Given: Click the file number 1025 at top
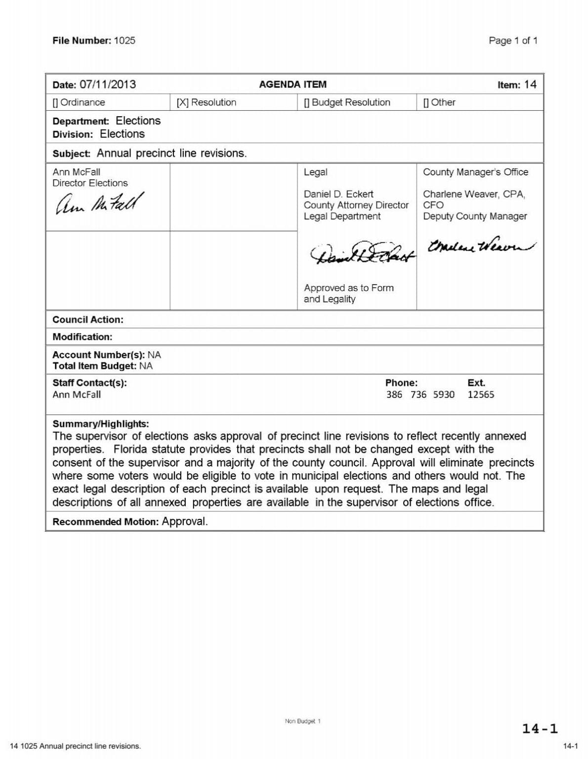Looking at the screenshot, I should [124, 41].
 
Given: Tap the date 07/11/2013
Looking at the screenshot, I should [108, 84].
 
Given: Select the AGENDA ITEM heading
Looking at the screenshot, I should [293, 84].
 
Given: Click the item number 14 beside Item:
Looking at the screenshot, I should [530, 84].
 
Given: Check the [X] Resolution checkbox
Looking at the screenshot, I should [182, 102].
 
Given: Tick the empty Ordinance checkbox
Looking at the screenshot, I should [55, 102].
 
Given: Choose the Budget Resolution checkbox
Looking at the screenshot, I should [306, 102].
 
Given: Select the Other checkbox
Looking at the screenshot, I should [426, 102].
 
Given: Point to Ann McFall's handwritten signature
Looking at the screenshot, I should [99, 204].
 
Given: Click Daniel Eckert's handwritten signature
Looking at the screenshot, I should [362, 253].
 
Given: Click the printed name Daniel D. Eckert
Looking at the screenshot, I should [338, 194].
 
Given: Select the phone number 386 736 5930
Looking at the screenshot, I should [420, 394].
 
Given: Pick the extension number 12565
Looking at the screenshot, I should [480, 394].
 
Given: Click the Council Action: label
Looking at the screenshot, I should [88, 320].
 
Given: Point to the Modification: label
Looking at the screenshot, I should [83, 337].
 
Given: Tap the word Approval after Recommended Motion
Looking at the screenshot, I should [185, 521].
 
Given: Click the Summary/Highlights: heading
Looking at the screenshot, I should [101, 424].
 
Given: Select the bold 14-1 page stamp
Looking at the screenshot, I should [540, 728].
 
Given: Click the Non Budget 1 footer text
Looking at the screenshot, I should [302, 721].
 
